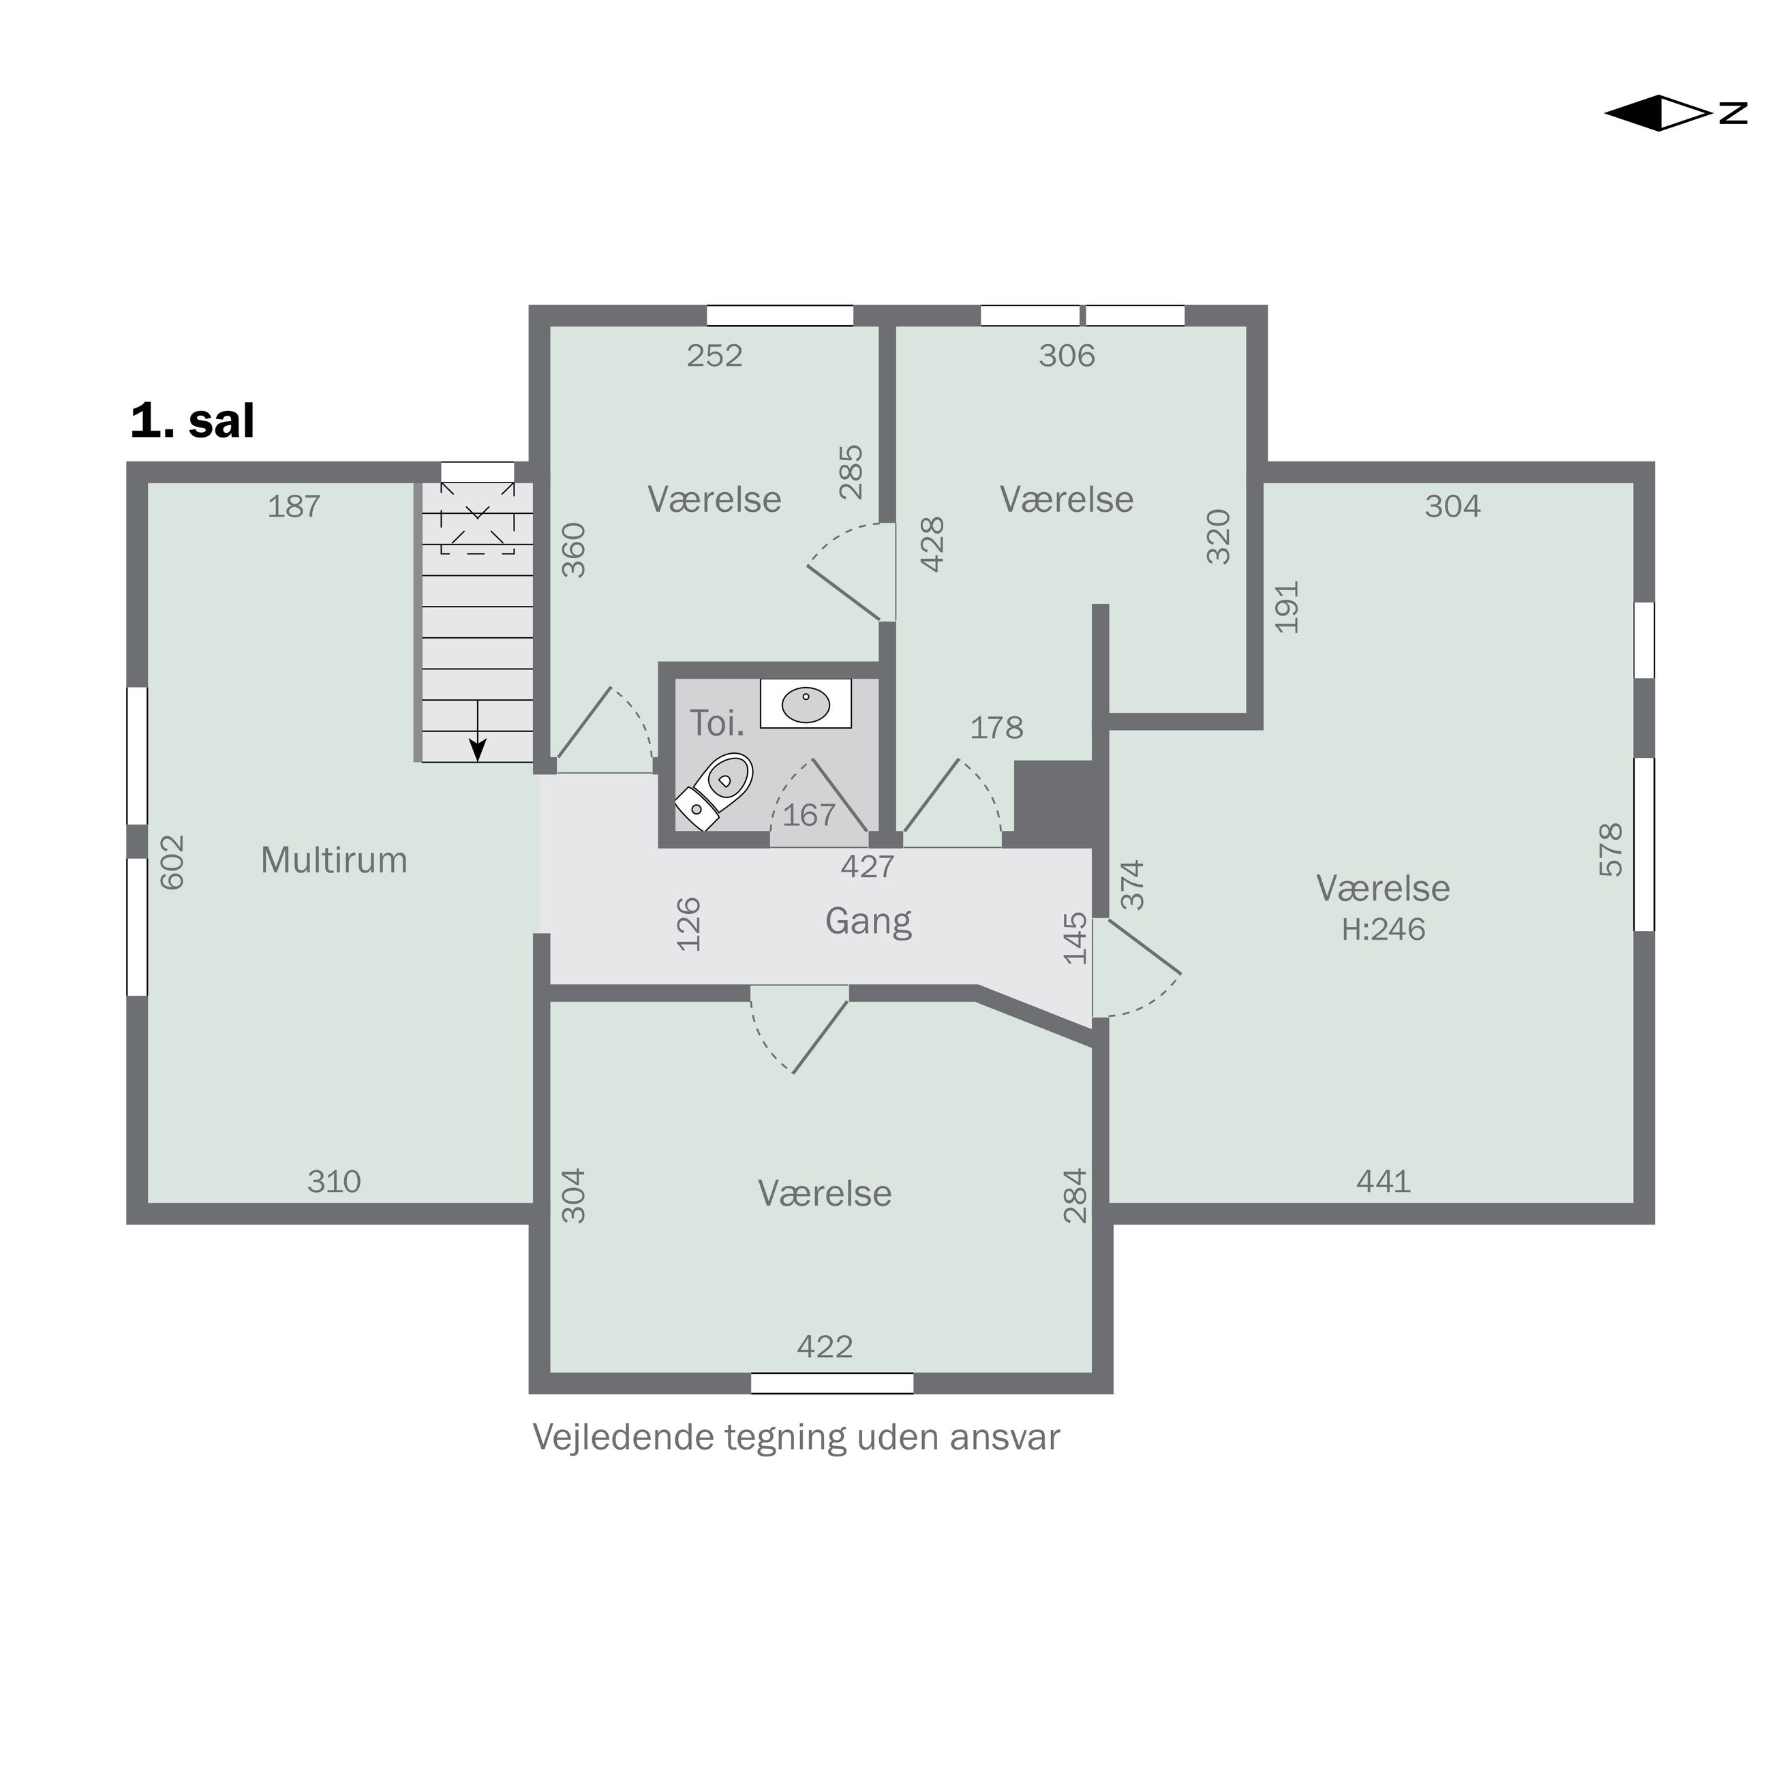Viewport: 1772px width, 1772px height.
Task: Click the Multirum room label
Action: [x=334, y=860]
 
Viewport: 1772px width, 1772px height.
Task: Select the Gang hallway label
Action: [x=868, y=921]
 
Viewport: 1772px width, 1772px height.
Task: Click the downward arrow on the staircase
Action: [x=477, y=731]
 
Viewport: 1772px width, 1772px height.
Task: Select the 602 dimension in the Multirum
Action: [x=172, y=862]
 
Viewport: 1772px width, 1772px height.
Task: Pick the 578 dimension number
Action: [x=1610, y=851]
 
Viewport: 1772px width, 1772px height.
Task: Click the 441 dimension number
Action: [x=1383, y=1181]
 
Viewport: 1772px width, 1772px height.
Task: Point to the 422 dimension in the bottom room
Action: [x=825, y=1347]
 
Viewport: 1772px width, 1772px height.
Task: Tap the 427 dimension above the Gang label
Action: [x=867, y=866]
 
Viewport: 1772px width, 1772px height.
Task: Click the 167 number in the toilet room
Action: [x=809, y=814]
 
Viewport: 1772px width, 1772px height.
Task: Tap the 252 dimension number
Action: [x=714, y=356]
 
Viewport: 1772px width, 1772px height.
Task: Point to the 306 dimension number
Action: [x=1067, y=356]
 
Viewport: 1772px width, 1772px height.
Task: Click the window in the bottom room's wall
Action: [x=832, y=1383]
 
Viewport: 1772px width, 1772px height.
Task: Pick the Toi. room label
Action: [x=716, y=724]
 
